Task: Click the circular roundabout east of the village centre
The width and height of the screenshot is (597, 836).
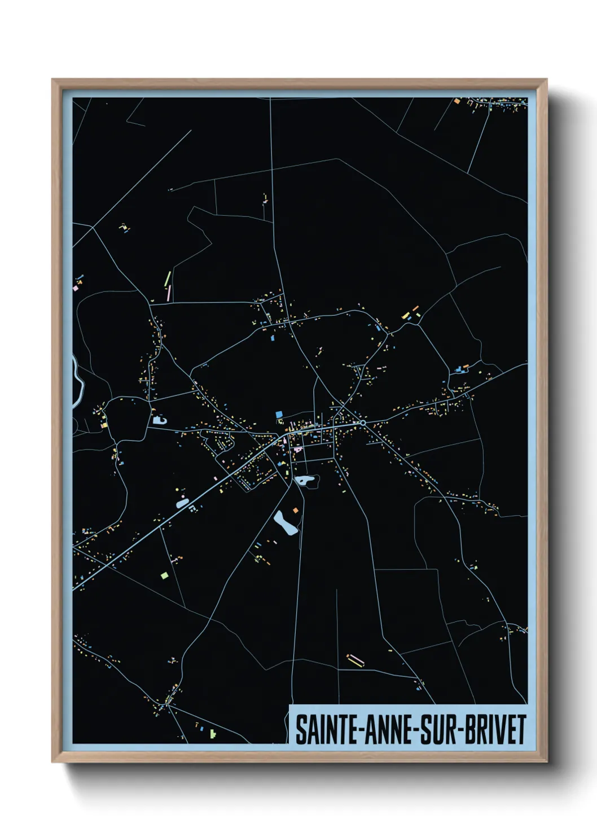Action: click(x=363, y=423)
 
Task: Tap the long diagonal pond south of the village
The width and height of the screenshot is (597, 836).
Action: click(x=285, y=523)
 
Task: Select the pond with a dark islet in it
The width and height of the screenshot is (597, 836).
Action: click(x=305, y=481)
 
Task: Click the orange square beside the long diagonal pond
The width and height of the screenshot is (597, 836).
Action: click(x=295, y=511)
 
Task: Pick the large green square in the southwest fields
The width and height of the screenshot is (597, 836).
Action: click(x=164, y=576)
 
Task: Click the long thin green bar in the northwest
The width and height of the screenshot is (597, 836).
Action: click(x=168, y=278)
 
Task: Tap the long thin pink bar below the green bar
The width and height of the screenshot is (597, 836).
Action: click(x=169, y=293)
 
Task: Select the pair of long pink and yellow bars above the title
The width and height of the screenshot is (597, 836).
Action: click(x=355, y=659)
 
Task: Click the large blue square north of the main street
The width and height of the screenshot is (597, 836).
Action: click(x=279, y=415)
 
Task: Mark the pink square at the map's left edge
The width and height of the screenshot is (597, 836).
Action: click(x=76, y=288)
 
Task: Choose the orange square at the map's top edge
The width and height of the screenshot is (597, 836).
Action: click(x=457, y=102)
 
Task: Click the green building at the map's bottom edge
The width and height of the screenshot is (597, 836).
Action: click(x=212, y=734)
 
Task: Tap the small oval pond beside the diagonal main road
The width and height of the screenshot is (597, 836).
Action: click(x=182, y=502)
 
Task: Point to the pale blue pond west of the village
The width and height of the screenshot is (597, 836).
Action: click(x=159, y=420)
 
